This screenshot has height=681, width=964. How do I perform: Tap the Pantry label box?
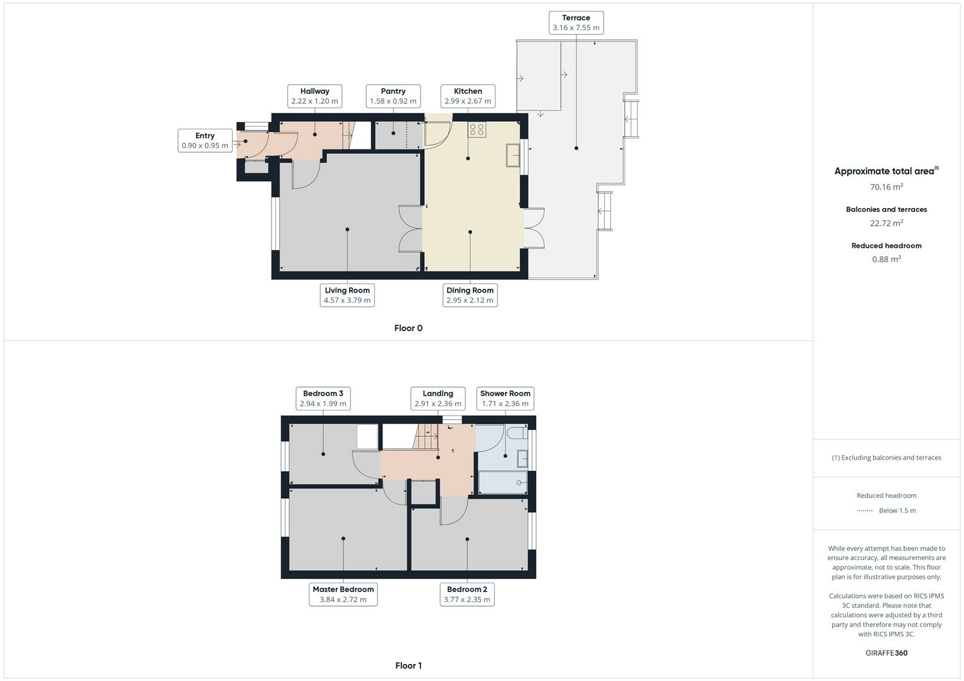click(393, 96)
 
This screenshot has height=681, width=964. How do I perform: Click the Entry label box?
click(205, 140)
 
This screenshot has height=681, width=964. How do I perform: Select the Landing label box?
click(437, 398)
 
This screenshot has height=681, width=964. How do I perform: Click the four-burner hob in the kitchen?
click(477, 129)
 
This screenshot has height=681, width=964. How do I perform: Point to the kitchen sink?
click(513, 154)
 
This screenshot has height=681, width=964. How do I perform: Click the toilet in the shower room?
click(517, 433)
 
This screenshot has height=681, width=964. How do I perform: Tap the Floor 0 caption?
click(408, 328)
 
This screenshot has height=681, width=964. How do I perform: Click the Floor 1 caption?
click(408, 665)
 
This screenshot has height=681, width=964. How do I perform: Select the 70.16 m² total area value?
click(886, 187)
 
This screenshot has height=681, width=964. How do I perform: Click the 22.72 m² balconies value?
click(886, 223)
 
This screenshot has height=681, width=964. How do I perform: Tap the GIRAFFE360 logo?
click(886, 653)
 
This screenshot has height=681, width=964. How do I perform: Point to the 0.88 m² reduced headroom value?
click(886, 259)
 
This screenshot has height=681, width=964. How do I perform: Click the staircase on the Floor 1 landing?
click(425, 436)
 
